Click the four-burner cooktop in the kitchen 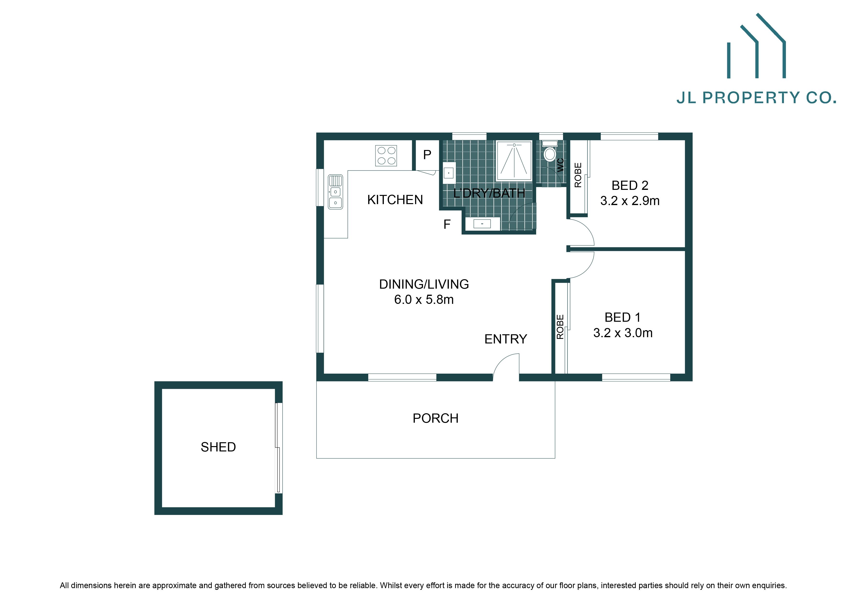(x=386, y=156)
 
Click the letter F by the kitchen (x=447, y=224)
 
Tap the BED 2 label (x=630, y=185)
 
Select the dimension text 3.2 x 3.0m (x=623, y=333)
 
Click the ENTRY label (x=505, y=339)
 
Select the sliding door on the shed (x=279, y=448)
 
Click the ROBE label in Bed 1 (x=560, y=327)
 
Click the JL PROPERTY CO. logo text (x=756, y=98)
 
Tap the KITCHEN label (x=395, y=200)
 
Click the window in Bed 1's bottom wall (x=636, y=377)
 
